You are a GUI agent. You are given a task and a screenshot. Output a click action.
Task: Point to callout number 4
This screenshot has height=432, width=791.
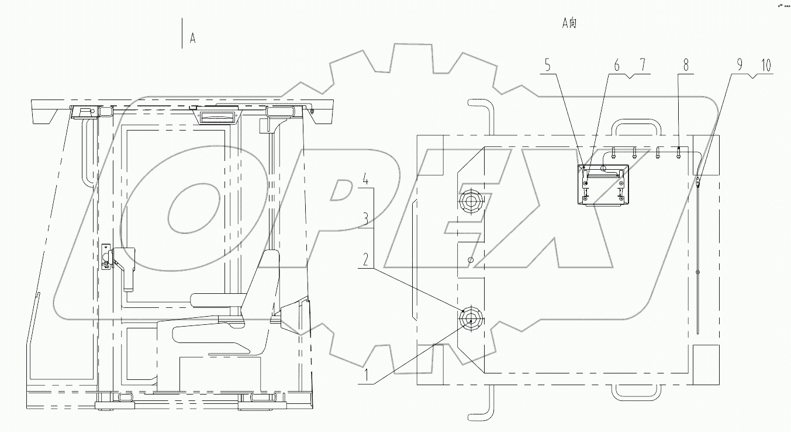[364, 179]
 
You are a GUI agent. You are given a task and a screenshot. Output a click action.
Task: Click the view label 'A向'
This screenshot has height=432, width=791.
[569, 23]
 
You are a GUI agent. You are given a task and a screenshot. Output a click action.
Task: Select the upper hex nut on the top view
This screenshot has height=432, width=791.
[471, 202]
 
